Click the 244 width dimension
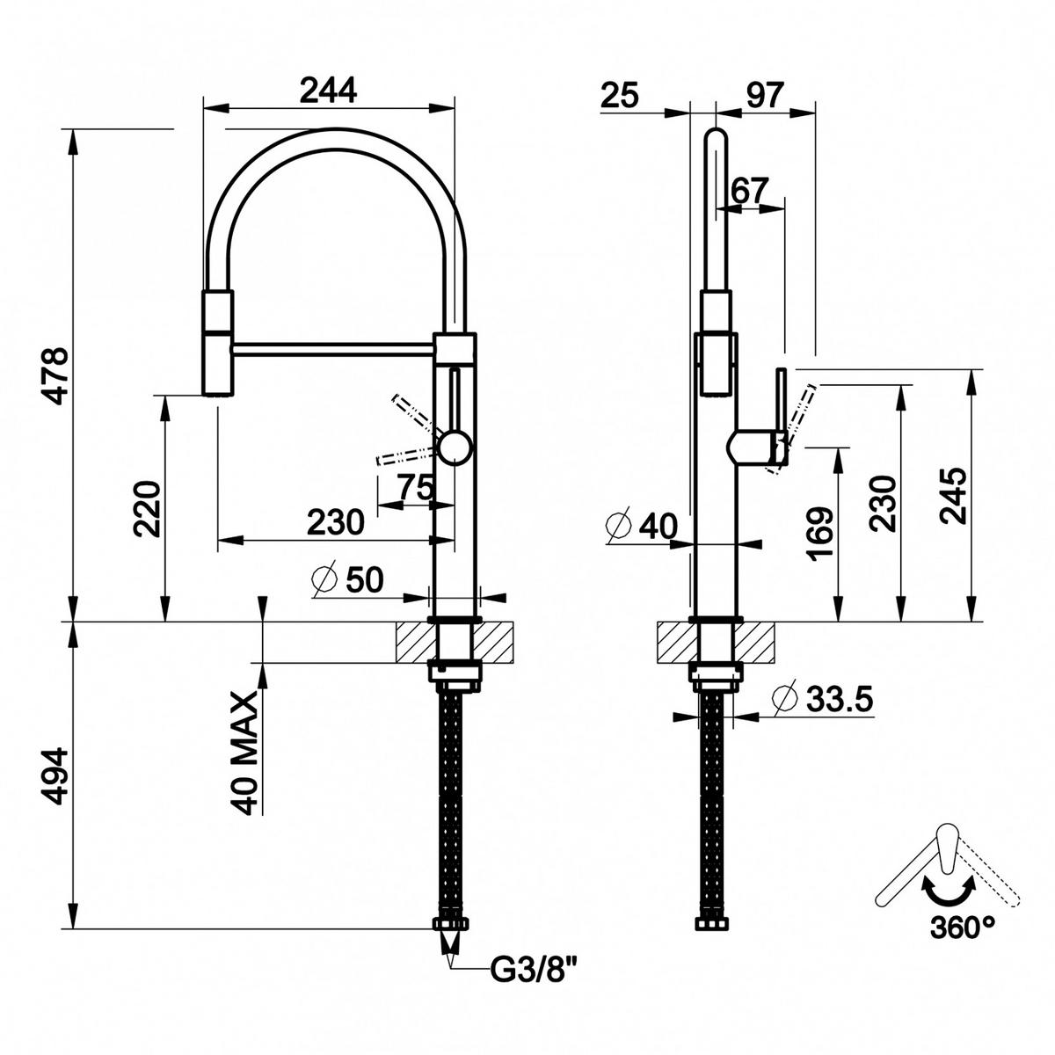click(x=328, y=91)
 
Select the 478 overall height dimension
click(x=54, y=375)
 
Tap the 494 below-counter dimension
click(x=54, y=775)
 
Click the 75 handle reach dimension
click(x=415, y=487)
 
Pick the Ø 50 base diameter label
click(x=348, y=580)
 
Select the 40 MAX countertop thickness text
click(x=245, y=752)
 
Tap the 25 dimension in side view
click(x=620, y=93)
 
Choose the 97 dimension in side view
click(x=762, y=93)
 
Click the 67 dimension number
click(x=750, y=189)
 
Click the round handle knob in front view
click(x=455, y=447)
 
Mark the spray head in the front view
click(x=219, y=343)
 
